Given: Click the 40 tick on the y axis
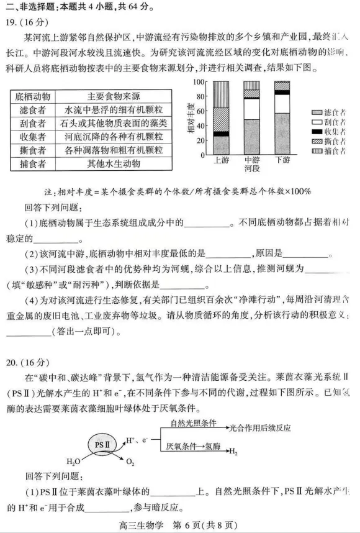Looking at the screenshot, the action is pos(200,125).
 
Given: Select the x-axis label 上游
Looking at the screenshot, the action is pos(221,160).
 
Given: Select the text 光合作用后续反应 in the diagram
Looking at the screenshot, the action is pos(259,428).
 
